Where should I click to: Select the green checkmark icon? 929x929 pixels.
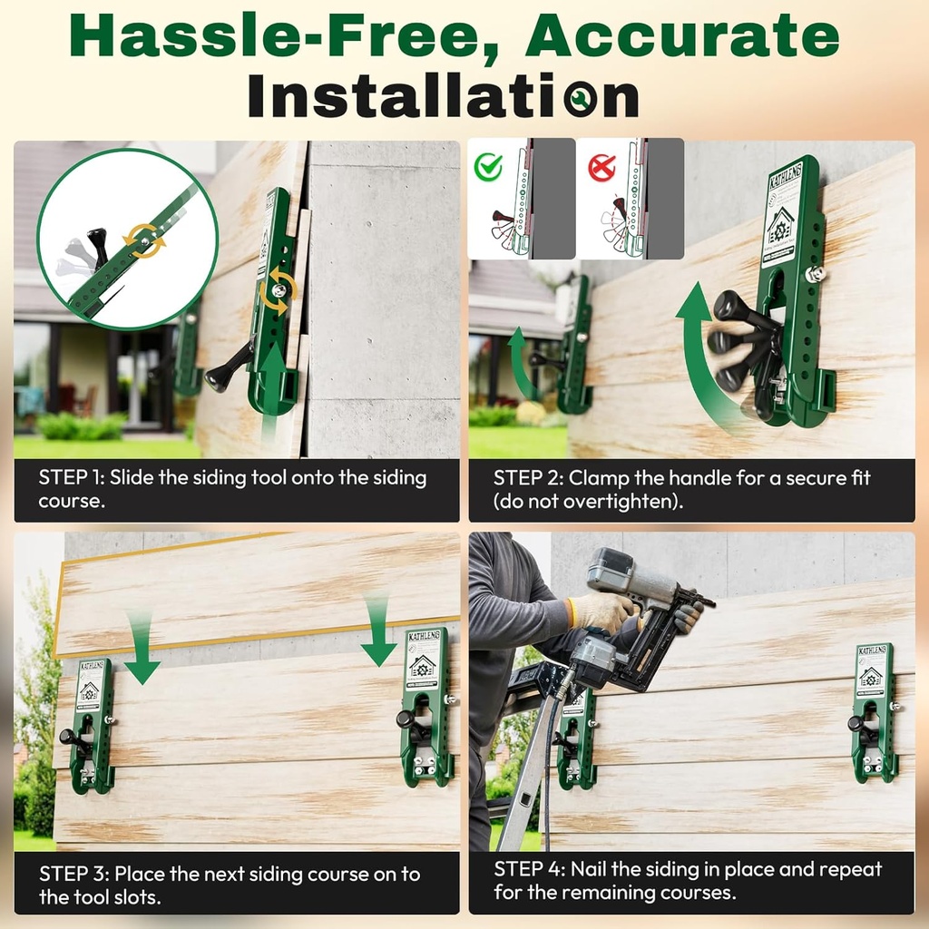pyautogui.click(x=489, y=166)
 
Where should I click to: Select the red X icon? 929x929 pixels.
pyautogui.click(x=601, y=167)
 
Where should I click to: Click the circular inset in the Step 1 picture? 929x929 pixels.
pyautogui.click(x=127, y=239)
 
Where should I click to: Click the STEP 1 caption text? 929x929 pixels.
pyautogui.click(x=232, y=489)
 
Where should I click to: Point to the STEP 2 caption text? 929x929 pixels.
pyautogui.click(x=680, y=489)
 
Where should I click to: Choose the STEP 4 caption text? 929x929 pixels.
pyautogui.click(x=688, y=880)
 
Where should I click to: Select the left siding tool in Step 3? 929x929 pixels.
pyautogui.click(x=92, y=725)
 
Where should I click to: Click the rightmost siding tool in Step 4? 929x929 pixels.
pyautogui.click(x=873, y=711)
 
